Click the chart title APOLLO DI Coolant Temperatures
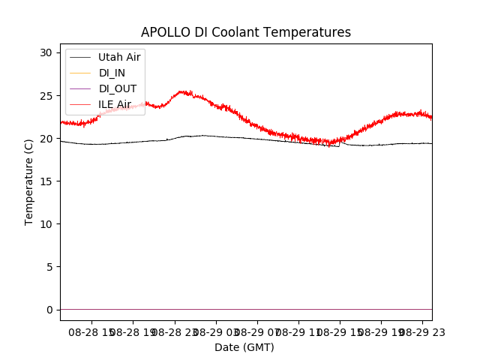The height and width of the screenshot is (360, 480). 246,32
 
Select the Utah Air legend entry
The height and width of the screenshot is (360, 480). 119,57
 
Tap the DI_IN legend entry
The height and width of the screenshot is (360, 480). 113,73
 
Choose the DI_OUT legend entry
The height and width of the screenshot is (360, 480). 118,88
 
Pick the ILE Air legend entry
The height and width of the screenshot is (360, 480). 115,104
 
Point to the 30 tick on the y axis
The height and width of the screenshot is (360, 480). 46,52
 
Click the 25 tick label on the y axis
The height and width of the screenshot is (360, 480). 46,96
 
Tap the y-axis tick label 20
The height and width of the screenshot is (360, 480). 46,139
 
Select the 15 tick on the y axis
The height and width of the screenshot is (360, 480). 46,181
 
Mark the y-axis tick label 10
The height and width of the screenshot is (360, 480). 46,224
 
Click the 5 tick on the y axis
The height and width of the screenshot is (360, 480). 49,267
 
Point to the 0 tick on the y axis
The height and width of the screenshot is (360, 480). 49,310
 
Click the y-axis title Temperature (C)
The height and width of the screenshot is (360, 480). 29,181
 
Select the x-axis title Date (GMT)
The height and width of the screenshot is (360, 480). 244,347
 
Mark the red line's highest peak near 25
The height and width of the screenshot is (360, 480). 184,91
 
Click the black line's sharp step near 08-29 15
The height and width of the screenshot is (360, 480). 340,143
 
